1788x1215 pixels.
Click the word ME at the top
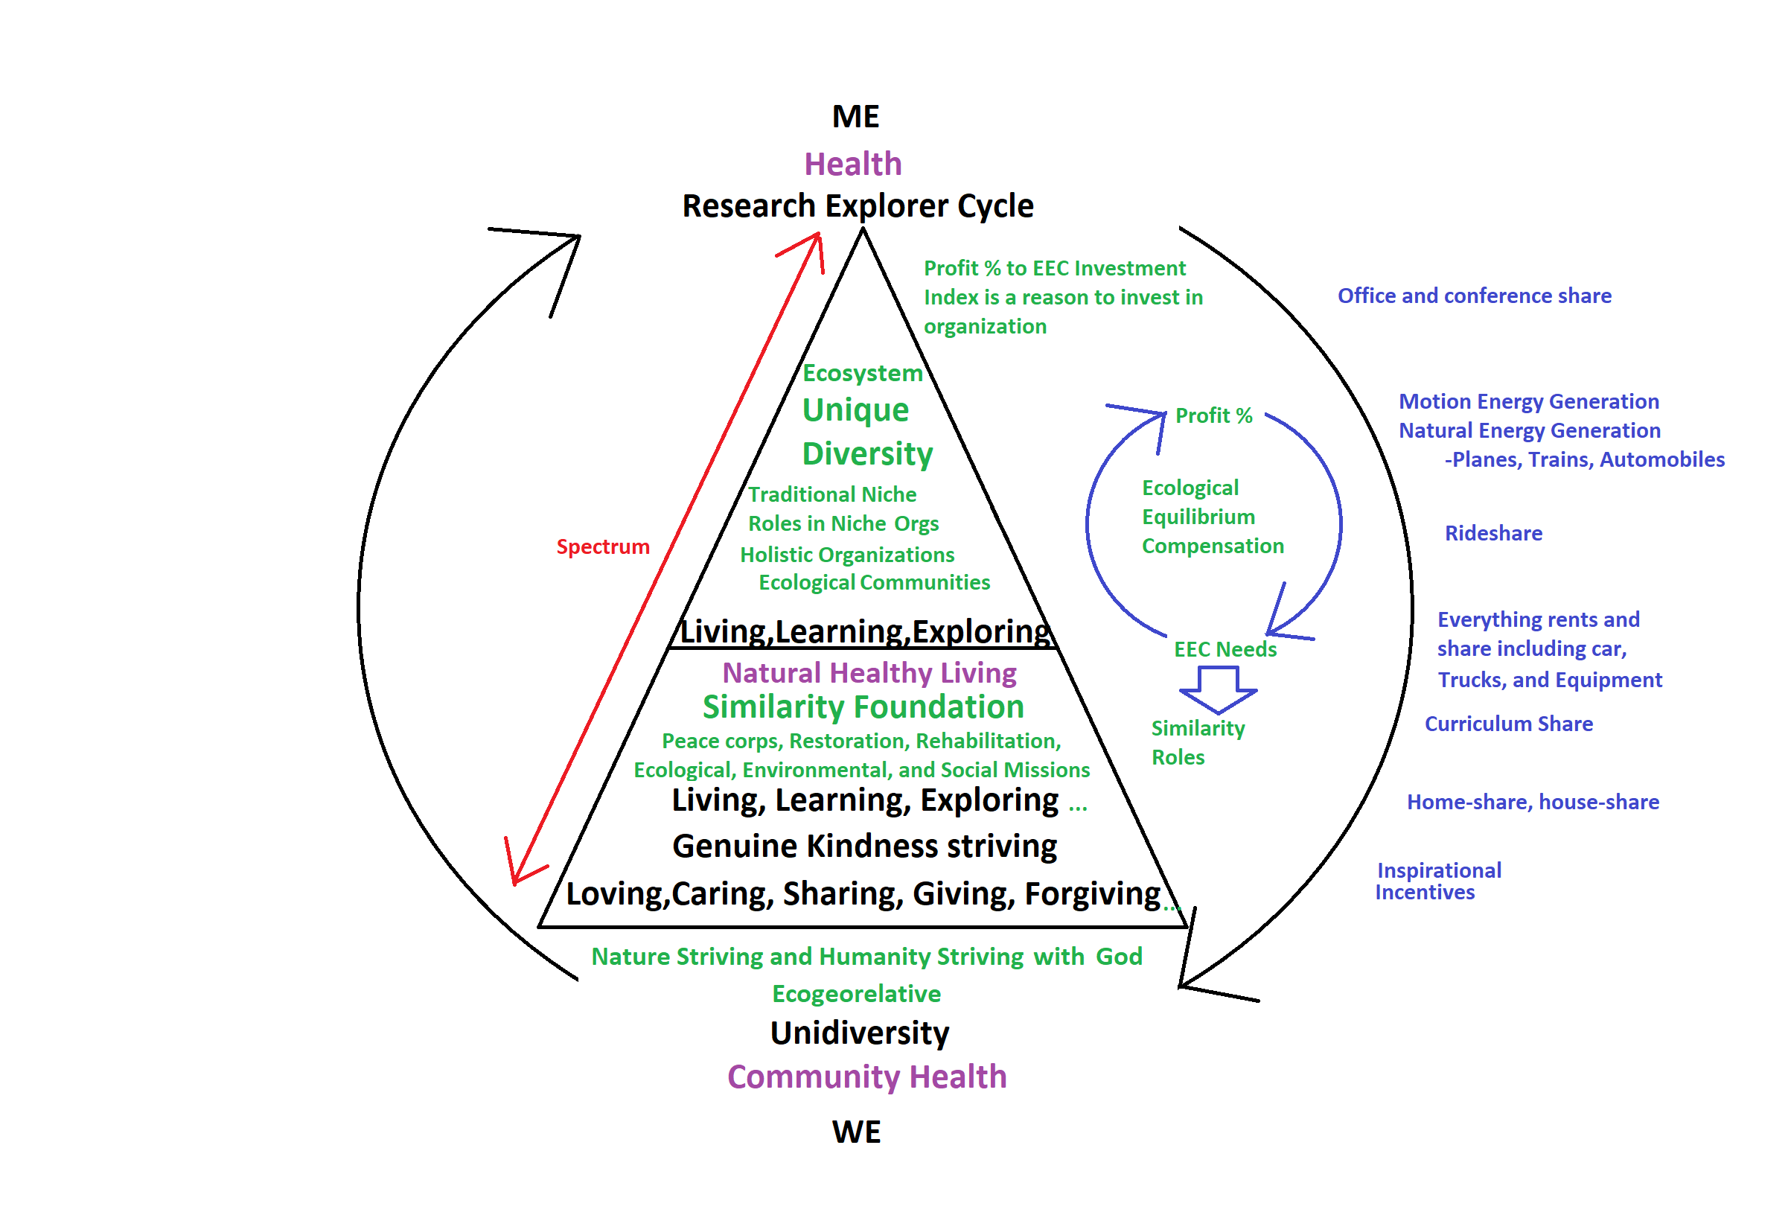(x=855, y=117)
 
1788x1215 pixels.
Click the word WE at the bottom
(x=856, y=1132)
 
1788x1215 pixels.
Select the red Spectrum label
(x=602, y=547)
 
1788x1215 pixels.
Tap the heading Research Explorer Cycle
(x=858, y=206)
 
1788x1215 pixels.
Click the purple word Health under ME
(x=852, y=164)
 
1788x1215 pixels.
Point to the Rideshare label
(x=1492, y=533)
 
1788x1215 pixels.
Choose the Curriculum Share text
(x=1508, y=724)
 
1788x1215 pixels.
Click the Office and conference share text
(x=1473, y=296)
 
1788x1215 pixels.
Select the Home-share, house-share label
(x=1532, y=802)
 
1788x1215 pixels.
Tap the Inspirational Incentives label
(x=1437, y=881)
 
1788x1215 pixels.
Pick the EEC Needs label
(x=1225, y=649)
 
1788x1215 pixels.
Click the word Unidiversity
(x=859, y=1033)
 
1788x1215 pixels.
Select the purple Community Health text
(x=866, y=1077)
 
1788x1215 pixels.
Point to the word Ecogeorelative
(x=855, y=993)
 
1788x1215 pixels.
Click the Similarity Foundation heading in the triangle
(x=863, y=707)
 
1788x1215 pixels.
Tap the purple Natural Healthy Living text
(x=869, y=672)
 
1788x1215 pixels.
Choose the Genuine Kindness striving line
(x=864, y=846)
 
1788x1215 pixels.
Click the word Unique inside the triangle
(x=855, y=410)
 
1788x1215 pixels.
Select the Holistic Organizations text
(x=846, y=555)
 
